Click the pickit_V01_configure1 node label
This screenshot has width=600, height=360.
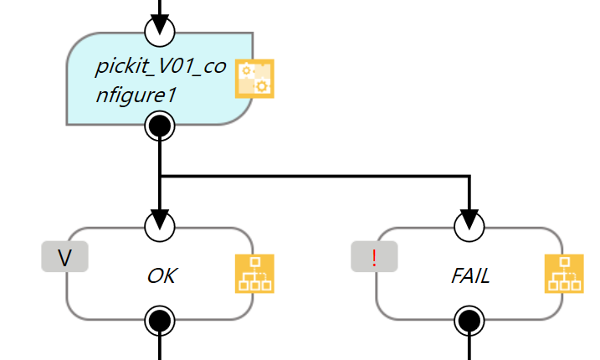(x=160, y=80)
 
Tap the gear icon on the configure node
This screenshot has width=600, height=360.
(x=254, y=79)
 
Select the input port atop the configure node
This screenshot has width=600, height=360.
(x=159, y=31)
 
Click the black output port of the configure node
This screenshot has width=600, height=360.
(x=159, y=127)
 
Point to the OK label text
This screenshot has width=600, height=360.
(x=162, y=275)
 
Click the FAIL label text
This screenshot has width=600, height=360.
(x=469, y=275)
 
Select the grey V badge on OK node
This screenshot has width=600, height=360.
(x=64, y=257)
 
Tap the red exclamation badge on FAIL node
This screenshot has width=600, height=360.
(x=374, y=257)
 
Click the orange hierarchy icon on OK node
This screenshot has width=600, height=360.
(x=254, y=274)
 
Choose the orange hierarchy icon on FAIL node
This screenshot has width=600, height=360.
(x=563, y=274)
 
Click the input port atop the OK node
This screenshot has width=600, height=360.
(x=159, y=225)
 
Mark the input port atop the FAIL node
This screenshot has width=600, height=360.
(x=469, y=225)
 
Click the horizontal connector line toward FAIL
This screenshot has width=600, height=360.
(x=318, y=177)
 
